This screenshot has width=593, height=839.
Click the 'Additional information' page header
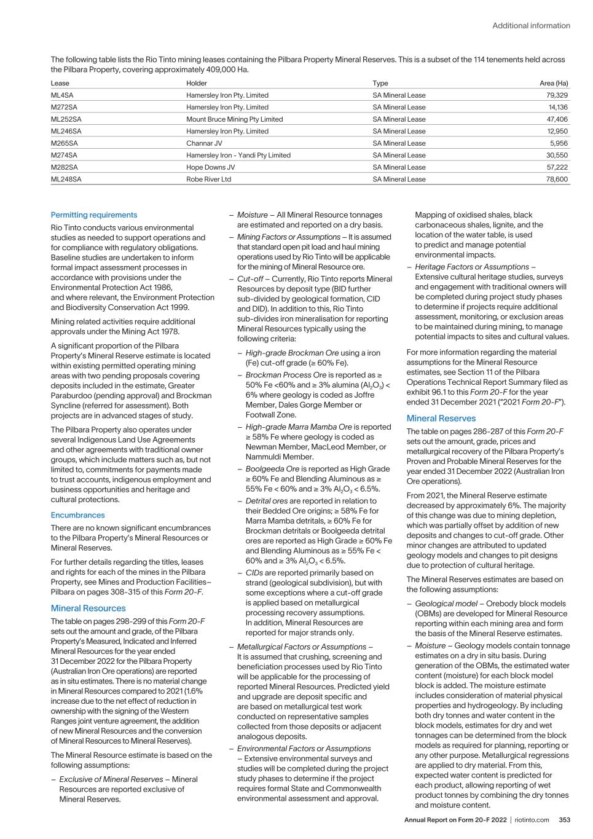click(x=531, y=26)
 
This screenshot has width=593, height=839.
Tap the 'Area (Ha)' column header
click(x=553, y=83)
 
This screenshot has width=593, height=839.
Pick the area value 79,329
click(x=557, y=95)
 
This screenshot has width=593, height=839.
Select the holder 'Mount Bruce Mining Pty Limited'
click(x=234, y=119)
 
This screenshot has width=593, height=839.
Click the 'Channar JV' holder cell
click(x=204, y=143)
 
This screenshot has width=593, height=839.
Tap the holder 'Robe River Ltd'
click(x=208, y=179)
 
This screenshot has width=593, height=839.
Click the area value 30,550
click(x=557, y=156)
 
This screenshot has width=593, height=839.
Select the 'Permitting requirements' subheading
click(x=93, y=215)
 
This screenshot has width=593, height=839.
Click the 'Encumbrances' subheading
click(x=77, y=515)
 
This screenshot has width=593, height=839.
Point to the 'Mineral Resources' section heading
click(x=88, y=609)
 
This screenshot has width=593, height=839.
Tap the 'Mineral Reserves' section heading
click(x=441, y=419)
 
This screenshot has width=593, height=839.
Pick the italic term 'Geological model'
click(x=446, y=604)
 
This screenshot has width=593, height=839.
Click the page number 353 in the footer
click(x=564, y=820)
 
